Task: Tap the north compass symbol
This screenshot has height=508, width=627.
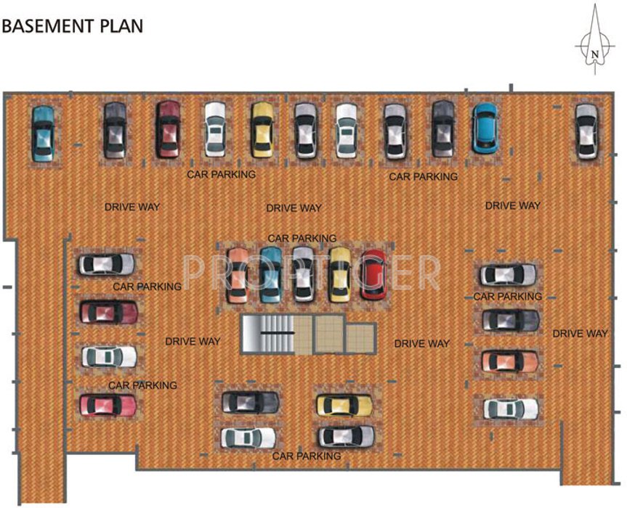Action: pyautogui.click(x=595, y=44)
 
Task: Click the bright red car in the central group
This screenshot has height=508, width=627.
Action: pyautogui.click(x=373, y=275)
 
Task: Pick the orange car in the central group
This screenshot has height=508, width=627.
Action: pyautogui.click(x=237, y=275)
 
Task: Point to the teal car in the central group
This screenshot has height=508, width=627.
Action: pyautogui.click(x=270, y=275)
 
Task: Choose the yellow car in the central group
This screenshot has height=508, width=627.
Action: pyautogui.click(x=339, y=275)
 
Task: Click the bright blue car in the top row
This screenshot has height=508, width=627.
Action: pyautogui.click(x=485, y=128)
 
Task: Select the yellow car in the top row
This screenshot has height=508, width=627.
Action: pyautogui.click(x=262, y=129)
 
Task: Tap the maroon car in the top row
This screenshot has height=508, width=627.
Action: pyautogui.click(x=169, y=128)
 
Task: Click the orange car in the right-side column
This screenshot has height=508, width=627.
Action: pyautogui.click(x=510, y=361)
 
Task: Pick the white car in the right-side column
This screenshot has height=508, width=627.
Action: pyautogui.click(x=511, y=409)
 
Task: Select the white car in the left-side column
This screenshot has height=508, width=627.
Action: pyautogui.click(x=108, y=356)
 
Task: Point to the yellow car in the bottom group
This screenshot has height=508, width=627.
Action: pyautogui.click(x=344, y=405)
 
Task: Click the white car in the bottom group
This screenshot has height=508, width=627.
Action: pyautogui.click(x=248, y=438)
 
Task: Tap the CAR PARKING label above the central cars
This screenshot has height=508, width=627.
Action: pyautogui.click(x=302, y=238)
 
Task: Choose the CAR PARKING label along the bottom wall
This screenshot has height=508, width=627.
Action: pyautogui.click(x=306, y=456)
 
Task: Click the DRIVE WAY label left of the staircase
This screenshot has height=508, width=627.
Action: pyautogui.click(x=193, y=341)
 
